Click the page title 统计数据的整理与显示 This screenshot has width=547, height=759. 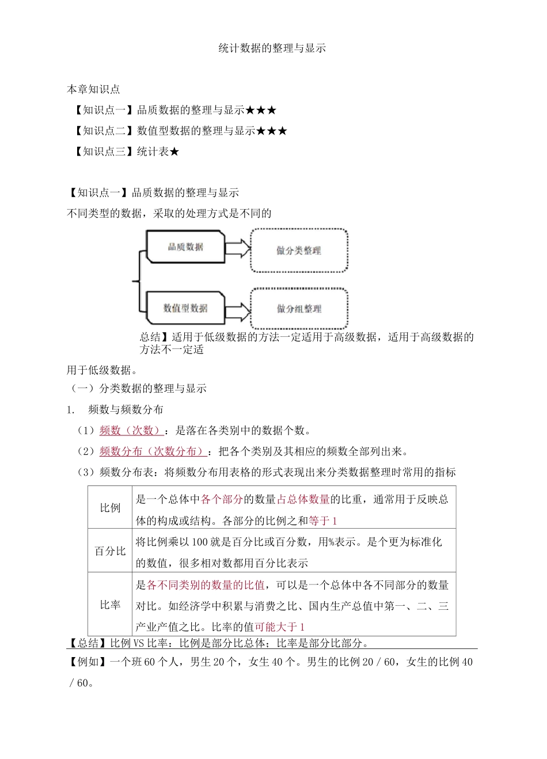(272, 48)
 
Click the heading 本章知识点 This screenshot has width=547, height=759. (93, 89)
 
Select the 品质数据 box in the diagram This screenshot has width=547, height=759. (185, 247)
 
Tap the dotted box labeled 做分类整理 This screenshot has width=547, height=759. (299, 251)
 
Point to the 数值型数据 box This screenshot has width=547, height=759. (185, 308)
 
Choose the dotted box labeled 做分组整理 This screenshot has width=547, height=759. (299, 309)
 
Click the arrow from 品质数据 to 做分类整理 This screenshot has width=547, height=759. (237, 248)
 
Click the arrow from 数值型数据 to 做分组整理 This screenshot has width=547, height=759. (237, 309)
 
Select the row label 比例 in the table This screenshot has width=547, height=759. (110, 508)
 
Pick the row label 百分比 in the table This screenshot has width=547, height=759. (110, 551)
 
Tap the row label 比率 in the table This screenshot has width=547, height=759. (110, 605)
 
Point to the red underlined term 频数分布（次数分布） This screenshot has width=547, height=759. (153, 451)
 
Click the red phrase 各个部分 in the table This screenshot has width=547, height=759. (222, 499)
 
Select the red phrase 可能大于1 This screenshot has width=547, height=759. (280, 627)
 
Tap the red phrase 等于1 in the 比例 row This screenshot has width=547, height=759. (323, 521)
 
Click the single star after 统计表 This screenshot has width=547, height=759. (174, 152)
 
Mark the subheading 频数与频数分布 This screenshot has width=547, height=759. (126, 409)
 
